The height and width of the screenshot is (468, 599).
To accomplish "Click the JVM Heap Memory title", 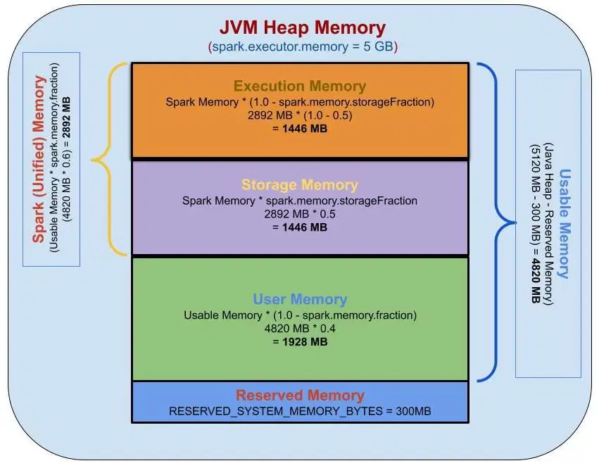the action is coord(303,28).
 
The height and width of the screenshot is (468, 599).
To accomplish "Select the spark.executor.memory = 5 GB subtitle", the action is coord(303,46).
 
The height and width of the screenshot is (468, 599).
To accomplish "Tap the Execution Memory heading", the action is coord(300,86).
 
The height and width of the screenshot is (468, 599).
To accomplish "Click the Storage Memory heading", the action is coord(300,185).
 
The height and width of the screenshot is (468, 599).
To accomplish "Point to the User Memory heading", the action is coord(300,299).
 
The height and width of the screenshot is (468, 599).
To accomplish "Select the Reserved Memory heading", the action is coord(300,395).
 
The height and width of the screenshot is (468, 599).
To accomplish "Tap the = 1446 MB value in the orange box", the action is coord(300,128).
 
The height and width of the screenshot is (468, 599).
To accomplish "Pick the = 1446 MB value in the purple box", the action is coord(300,227).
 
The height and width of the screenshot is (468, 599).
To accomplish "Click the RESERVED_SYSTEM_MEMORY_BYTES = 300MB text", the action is coord(300,411).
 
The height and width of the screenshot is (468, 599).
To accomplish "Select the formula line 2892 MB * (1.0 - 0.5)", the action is coord(300,115).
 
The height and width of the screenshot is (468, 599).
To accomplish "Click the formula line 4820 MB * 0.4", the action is coord(300,328).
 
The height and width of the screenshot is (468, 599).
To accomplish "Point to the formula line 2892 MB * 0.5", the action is coord(300,214).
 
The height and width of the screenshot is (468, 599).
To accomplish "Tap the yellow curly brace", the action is coord(108,159).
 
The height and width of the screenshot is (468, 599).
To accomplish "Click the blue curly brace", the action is coord(497,222).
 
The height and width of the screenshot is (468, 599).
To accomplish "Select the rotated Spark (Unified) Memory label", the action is coord(39,159).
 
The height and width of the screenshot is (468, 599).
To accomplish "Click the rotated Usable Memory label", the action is coord(565,224).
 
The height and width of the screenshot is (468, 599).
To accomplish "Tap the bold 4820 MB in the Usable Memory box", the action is coord(536,281).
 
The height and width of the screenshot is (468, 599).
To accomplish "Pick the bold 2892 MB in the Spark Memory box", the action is coord(66,118).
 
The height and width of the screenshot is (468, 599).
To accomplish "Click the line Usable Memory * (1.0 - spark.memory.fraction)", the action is coord(300,315).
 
